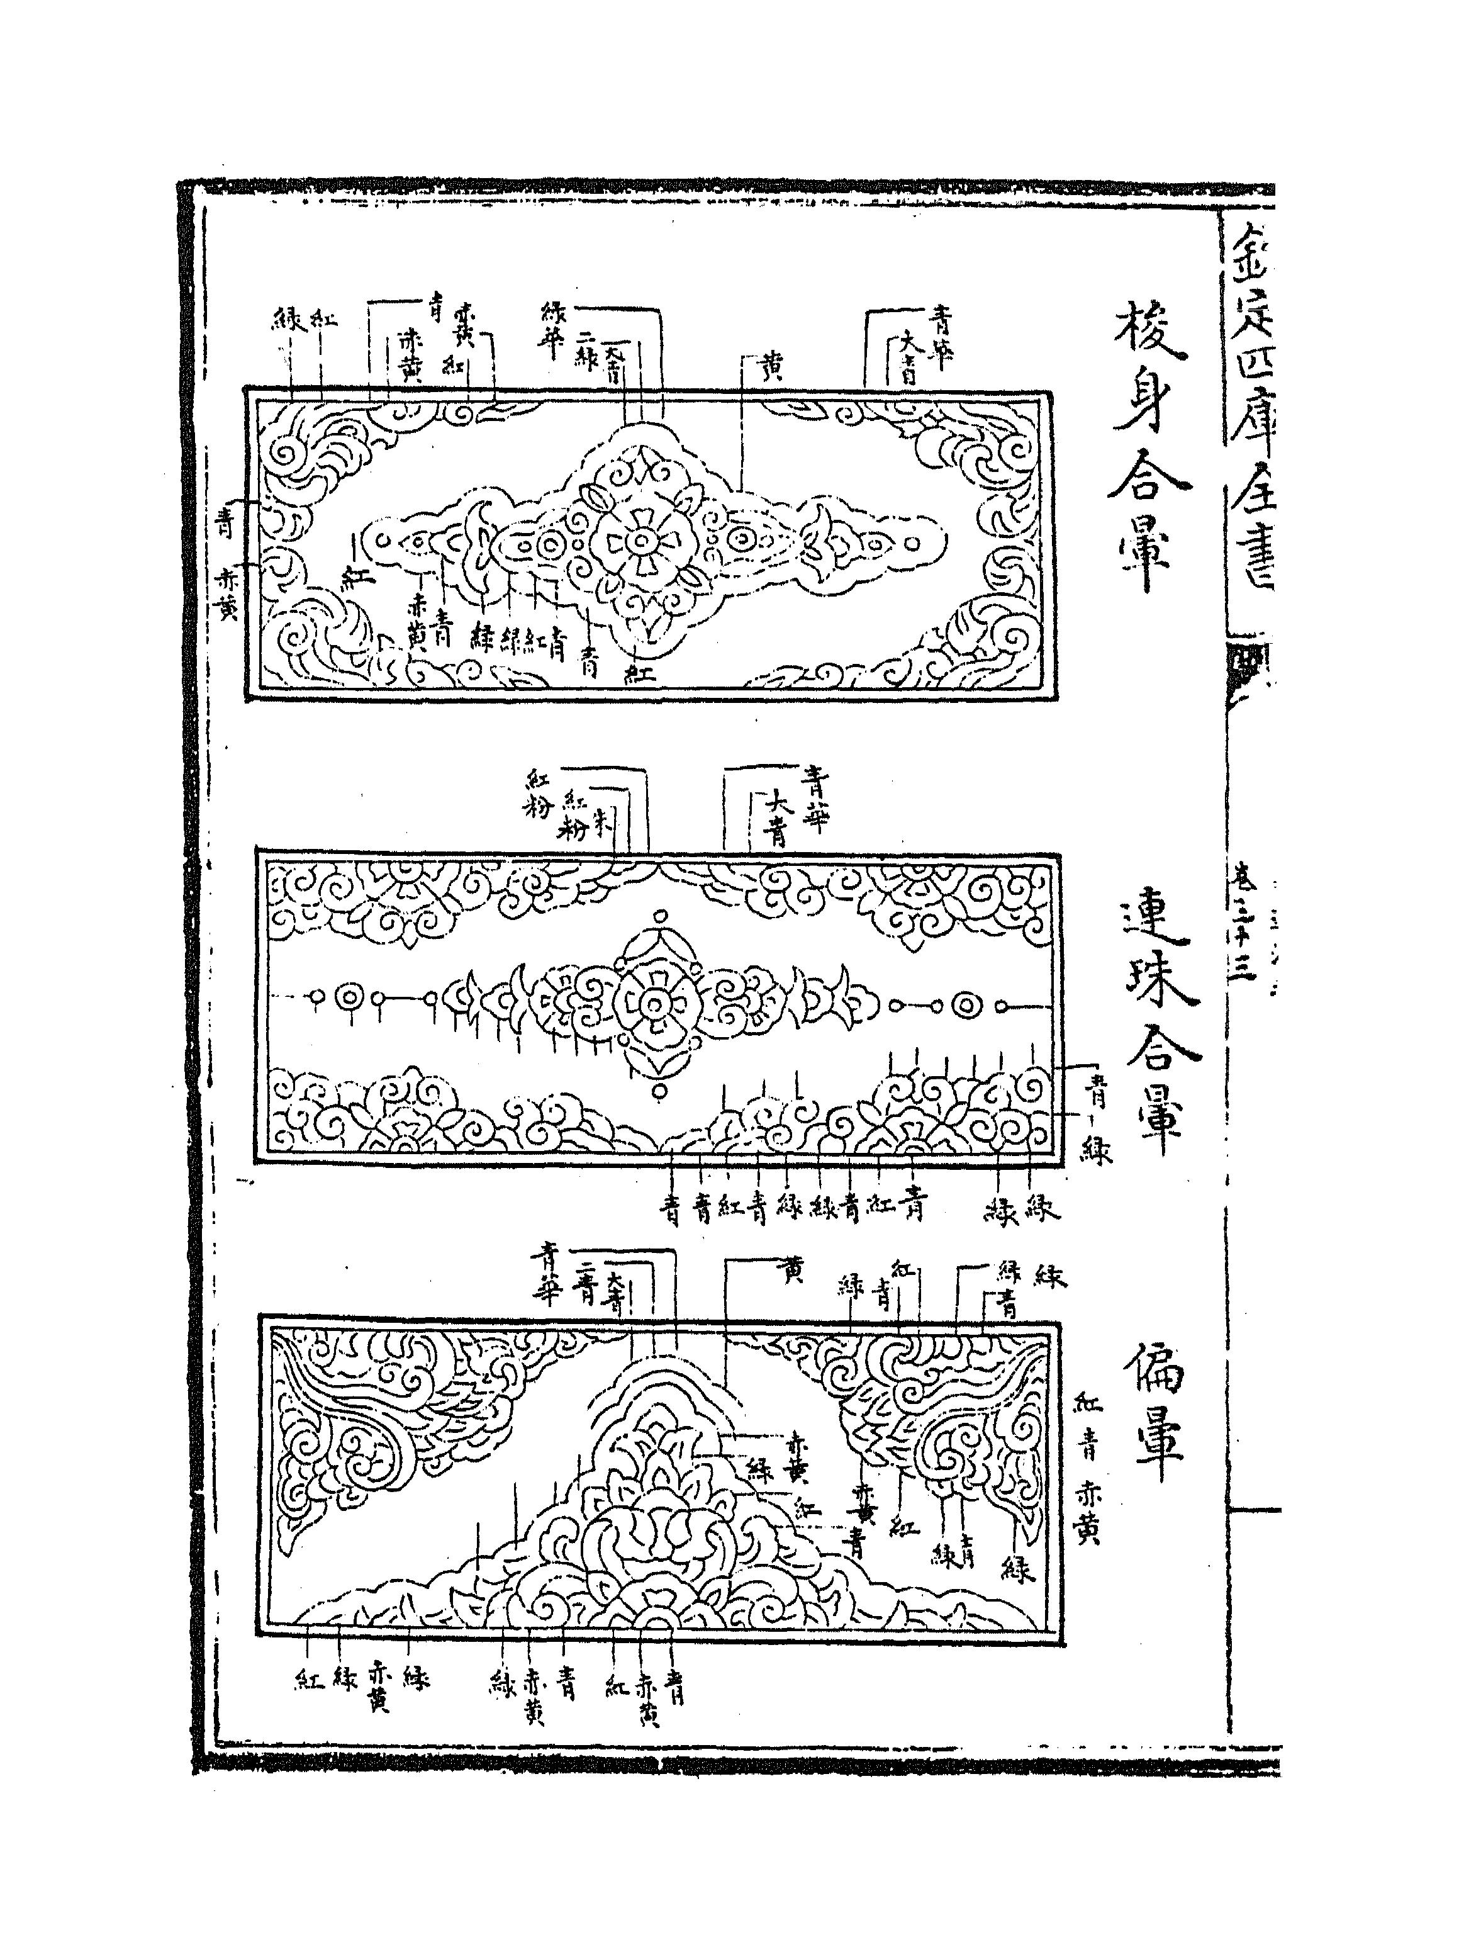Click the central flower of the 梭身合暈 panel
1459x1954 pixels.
coord(638,541)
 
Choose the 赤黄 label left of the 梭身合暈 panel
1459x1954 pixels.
coord(227,593)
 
